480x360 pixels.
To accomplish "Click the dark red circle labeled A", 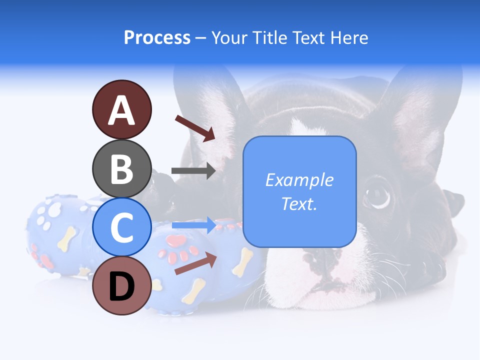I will pos(121,110).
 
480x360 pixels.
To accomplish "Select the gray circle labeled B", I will pos(121,168).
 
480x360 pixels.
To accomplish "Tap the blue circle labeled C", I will pos(121,227).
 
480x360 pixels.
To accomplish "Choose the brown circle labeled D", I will pos(121,285).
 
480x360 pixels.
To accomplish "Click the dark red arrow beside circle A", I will pos(195,127).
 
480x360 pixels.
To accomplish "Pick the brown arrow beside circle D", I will pos(195,263).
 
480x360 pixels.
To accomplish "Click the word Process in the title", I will pos(157,38).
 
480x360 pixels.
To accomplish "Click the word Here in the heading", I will pos(349,38).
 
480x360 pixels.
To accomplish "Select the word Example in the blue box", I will pos(299,180).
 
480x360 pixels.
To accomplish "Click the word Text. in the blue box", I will pos(299,203).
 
